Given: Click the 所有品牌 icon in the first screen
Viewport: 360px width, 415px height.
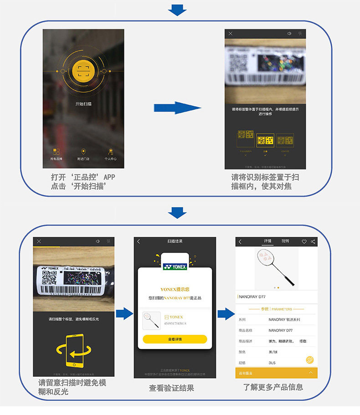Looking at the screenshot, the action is pos(56,152).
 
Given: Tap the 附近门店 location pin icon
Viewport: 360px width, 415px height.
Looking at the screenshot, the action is pos(83,152).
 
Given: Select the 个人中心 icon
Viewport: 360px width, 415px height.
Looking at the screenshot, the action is pos(111,152).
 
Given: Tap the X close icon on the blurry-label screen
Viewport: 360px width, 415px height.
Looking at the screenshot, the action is pos(231,34).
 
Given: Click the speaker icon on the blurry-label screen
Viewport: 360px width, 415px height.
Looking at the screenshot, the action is pos(289,34).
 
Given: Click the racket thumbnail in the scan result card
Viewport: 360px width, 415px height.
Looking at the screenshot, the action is pos(152,320).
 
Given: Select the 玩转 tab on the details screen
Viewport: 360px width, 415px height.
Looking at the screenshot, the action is pos(285,241).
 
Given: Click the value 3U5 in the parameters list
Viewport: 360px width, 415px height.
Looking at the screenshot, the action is pos(272,363).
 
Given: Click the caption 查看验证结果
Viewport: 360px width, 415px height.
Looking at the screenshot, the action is pos(171,388).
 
